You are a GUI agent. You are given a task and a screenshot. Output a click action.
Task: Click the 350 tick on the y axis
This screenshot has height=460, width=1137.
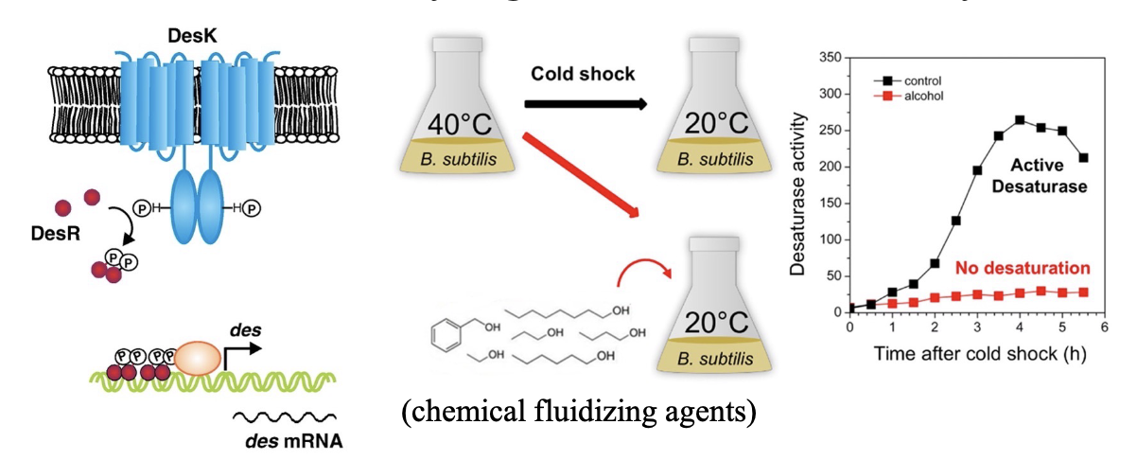pyautogui.click(x=829, y=58)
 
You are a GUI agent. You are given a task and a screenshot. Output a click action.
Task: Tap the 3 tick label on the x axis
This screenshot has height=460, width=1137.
pyautogui.click(x=975, y=328)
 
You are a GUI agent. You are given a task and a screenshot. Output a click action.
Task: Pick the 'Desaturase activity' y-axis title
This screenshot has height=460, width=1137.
pyautogui.click(x=799, y=186)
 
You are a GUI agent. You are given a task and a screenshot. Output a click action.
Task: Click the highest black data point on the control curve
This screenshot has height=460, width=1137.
pyautogui.click(x=1020, y=120)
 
